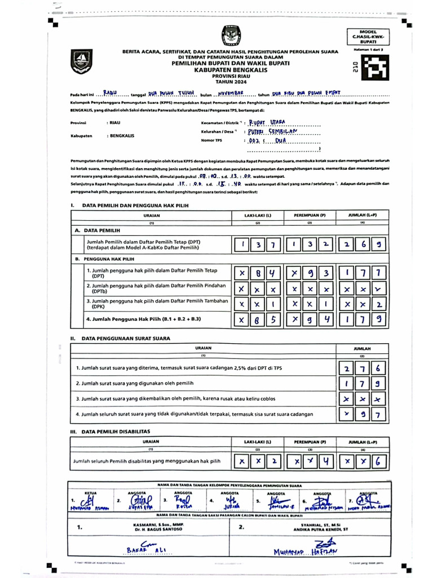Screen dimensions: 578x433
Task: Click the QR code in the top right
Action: pyautogui.click(x=373, y=68)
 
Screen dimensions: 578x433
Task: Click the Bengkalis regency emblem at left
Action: pyautogui.click(x=81, y=61)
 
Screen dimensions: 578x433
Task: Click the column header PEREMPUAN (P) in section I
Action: pyautogui.click(x=309, y=216)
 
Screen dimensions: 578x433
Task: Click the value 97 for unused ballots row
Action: pyautogui.click(x=362, y=414)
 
